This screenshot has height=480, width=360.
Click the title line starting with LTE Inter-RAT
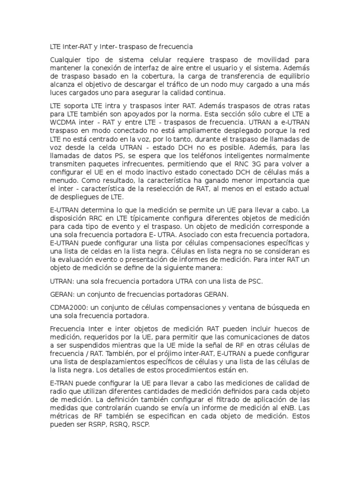click(x=121, y=47)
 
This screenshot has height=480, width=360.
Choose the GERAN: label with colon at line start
click(x=62, y=294)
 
